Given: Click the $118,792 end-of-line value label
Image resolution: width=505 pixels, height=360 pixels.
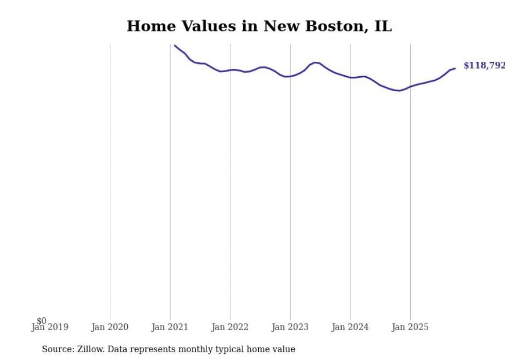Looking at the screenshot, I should (483, 65).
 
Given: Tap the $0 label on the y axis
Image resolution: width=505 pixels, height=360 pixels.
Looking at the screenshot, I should (41, 321).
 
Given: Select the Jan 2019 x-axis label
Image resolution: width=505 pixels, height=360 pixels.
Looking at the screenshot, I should (49, 327).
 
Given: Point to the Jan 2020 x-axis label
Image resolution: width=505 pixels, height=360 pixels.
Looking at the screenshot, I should (110, 327).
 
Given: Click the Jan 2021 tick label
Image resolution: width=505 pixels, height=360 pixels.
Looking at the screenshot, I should (170, 327).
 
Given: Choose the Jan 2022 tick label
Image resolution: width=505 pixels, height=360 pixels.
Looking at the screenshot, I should (230, 327).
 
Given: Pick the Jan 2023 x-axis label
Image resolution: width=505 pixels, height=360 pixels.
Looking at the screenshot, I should (290, 327).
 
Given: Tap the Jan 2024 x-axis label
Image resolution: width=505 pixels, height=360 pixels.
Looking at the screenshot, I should (350, 327).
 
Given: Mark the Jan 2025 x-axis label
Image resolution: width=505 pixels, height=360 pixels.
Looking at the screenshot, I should (410, 327).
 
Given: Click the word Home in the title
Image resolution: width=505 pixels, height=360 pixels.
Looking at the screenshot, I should (148, 26).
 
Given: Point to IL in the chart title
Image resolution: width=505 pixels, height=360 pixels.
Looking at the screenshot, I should (383, 26).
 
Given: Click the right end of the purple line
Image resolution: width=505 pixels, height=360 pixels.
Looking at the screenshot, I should (455, 68).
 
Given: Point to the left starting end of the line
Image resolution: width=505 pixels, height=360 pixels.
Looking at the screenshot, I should (175, 45).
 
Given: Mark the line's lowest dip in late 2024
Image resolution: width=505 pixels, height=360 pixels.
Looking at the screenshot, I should (399, 91).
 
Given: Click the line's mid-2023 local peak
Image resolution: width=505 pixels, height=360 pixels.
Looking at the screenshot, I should (315, 62).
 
